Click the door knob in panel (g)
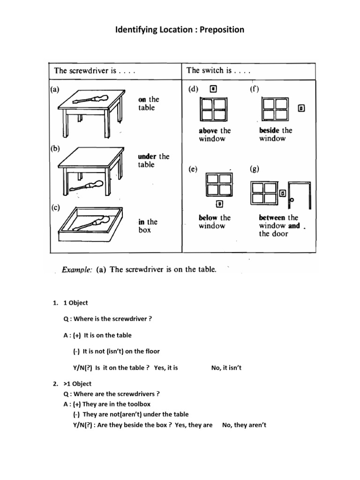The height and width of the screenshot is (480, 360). (x=292, y=200)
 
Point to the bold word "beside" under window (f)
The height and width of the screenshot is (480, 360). (x=270, y=130)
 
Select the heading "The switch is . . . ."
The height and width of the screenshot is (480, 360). (x=218, y=71)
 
